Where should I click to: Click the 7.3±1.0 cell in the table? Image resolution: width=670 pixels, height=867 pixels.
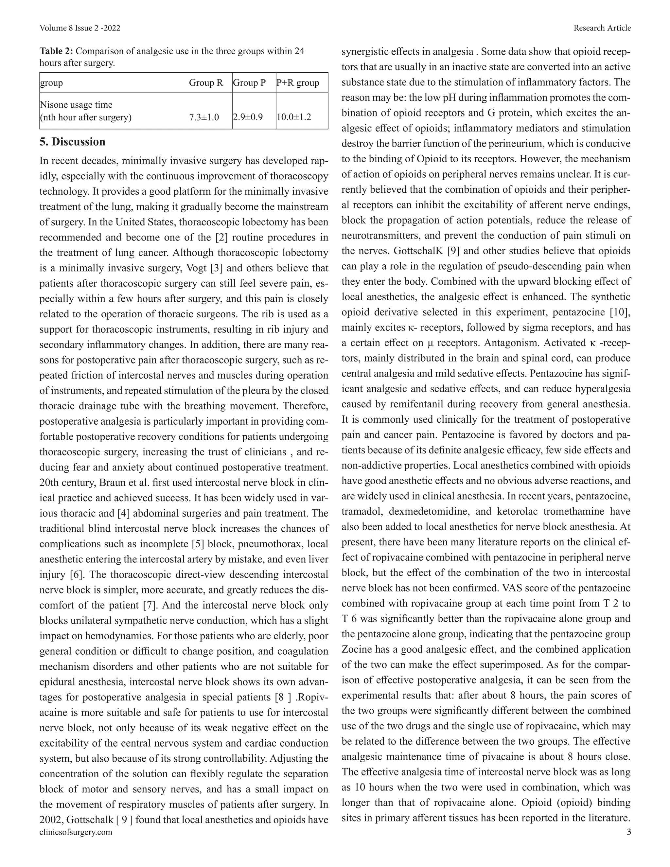tap(204, 117)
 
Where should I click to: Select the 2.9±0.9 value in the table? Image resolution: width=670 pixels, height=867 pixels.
tap(248, 117)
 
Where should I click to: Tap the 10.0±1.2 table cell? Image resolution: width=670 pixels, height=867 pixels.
tap(294, 117)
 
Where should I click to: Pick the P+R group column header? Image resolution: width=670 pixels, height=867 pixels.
tap(298, 83)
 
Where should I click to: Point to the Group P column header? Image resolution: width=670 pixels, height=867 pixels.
tap(249, 83)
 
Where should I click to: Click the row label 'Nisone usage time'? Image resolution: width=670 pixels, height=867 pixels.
tap(76, 105)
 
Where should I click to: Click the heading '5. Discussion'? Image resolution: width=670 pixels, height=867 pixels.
tap(72, 142)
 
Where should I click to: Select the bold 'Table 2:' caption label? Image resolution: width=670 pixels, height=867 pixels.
tap(56, 51)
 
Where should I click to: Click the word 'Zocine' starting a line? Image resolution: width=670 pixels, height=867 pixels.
tap(357, 649)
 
